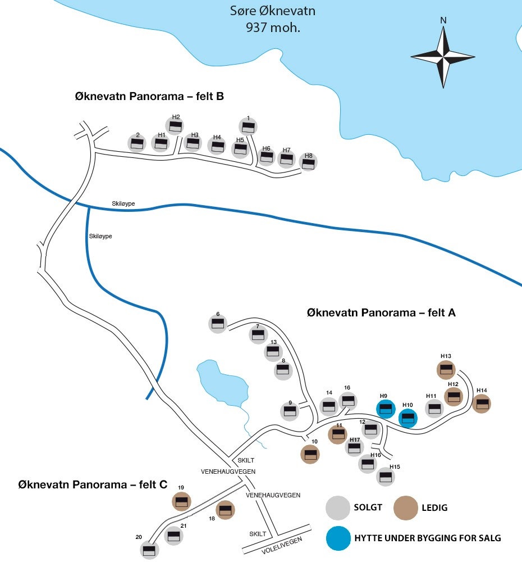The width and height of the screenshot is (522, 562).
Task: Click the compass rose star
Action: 443,57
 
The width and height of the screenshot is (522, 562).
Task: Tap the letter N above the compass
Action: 443,20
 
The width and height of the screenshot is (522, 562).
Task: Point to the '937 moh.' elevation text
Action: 273,27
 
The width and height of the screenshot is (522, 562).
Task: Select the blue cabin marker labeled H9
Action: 385,409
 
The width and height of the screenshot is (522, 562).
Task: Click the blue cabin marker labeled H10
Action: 408,418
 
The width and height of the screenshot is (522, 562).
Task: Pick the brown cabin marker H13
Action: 446,369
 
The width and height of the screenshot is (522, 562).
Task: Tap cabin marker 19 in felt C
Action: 181,501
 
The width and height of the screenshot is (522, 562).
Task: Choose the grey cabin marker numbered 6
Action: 218,324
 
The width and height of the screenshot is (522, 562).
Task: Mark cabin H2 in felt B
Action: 175,126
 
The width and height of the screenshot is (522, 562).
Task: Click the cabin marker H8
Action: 308,163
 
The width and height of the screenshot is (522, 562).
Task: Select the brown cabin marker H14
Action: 482,403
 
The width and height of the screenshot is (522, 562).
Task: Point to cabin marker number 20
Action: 149,550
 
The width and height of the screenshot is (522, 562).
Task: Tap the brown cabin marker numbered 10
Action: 310,454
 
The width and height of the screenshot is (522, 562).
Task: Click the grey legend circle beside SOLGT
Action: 337,507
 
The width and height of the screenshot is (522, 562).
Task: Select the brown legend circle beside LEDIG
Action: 405,507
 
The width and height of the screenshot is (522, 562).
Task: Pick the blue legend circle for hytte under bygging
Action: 337,538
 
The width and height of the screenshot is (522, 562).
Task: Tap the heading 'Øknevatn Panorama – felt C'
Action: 93,484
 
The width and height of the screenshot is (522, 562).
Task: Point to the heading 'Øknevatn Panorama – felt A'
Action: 381,312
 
